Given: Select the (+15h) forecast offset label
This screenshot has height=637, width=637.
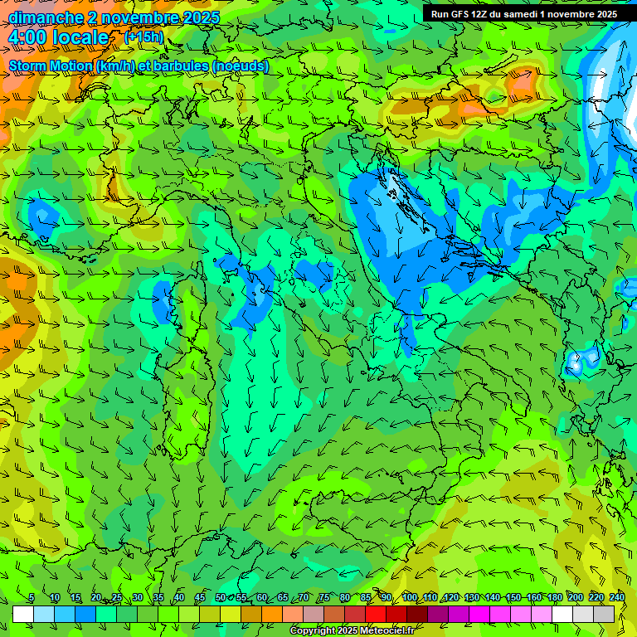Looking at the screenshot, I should click(x=143, y=37).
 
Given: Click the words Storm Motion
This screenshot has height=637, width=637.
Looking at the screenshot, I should click(x=51, y=66).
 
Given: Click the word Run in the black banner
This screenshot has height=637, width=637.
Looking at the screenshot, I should click(x=440, y=14).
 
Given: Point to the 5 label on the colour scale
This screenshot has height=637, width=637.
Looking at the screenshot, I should click(x=32, y=597).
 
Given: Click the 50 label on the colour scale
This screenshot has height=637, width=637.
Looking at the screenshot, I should click(x=220, y=597).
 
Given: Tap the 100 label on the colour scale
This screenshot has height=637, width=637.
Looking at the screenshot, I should click(x=409, y=597).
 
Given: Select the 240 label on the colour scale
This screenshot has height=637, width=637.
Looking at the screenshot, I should click(x=615, y=597).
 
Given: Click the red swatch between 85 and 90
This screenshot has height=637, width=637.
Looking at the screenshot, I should click(x=376, y=615).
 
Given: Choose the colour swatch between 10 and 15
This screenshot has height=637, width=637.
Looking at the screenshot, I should click(x=65, y=615).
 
